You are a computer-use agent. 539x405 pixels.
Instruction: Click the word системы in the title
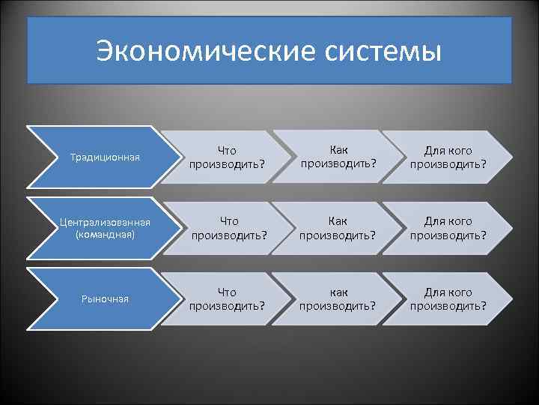pyautogui.click(x=384, y=52)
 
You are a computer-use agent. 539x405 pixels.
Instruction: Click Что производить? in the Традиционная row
pyautogui.click(x=228, y=157)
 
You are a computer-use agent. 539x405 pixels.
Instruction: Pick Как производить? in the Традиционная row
pyautogui.click(x=338, y=157)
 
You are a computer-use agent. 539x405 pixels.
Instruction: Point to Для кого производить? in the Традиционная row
pyautogui.click(x=448, y=157)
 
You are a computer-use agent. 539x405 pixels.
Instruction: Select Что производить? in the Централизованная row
pyautogui.click(x=228, y=228)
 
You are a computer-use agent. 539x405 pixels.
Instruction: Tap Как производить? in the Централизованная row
pyautogui.click(x=338, y=228)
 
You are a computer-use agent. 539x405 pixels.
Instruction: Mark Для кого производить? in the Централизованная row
pyautogui.click(x=448, y=228)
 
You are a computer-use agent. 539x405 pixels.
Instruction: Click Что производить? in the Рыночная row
pyautogui.click(x=228, y=298)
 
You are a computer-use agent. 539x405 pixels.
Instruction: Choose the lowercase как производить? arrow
pyautogui.click(x=338, y=298)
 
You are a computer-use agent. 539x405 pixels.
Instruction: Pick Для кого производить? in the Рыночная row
pyautogui.click(x=448, y=298)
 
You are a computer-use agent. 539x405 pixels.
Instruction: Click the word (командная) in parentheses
pyautogui.click(x=105, y=234)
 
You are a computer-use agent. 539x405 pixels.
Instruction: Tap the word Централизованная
pyautogui.click(x=105, y=223)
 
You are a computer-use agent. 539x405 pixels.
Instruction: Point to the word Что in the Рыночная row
pyautogui.click(x=228, y=292)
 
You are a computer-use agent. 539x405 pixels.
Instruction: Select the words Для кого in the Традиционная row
pyautogui.click(x=448, y=151)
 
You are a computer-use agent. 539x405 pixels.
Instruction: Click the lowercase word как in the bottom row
pyautogui.click(x=338, y=292)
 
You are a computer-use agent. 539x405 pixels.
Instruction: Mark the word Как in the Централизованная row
pyautogui.click(x=338, y=221)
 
